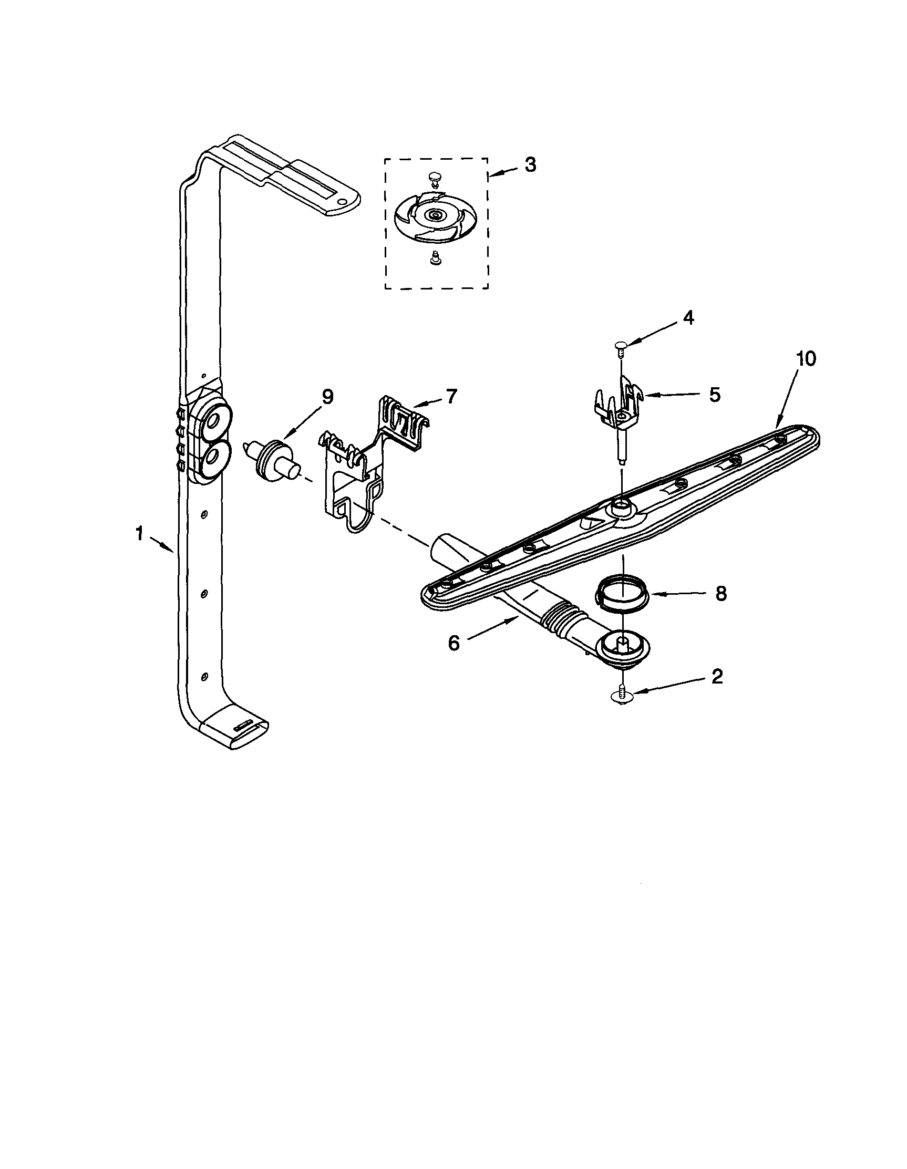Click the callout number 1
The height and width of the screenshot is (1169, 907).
(139, 534)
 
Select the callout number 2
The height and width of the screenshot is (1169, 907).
(717, 677)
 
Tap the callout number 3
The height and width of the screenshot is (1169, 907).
(530, 165)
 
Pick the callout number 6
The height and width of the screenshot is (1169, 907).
(453, 644)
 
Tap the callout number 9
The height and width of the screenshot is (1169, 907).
(327, 397)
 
